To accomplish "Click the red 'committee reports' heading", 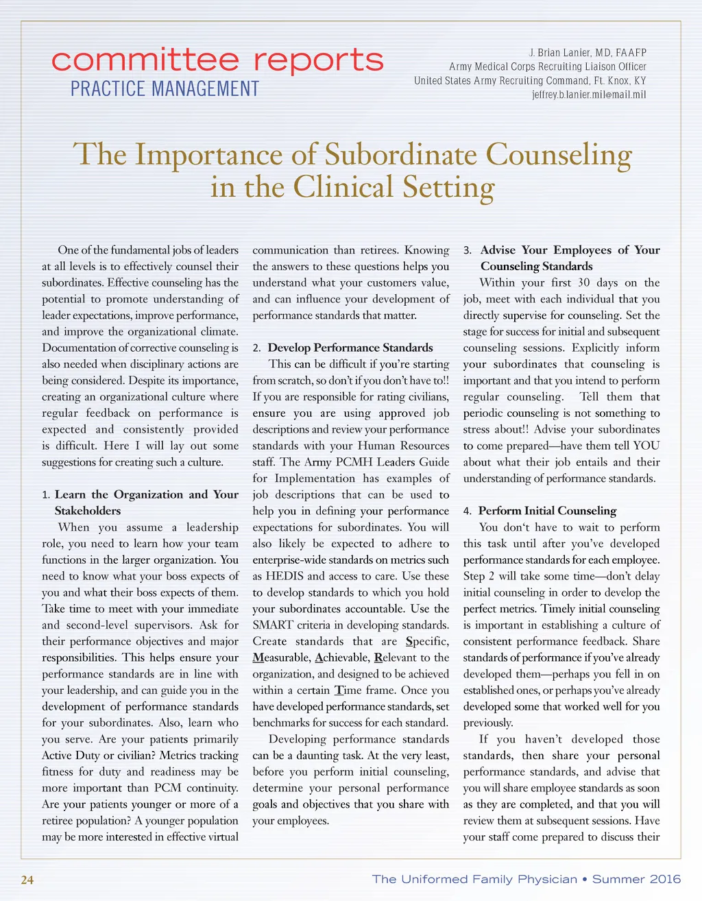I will tap(217, 61).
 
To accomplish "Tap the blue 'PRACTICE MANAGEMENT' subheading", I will tap(165, 89).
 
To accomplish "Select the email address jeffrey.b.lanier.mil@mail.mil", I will tap(589, 95).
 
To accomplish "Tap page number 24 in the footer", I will tap(27, 880).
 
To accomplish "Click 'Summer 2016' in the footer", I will tap(637, 879).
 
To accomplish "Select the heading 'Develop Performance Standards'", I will tap(350, 348).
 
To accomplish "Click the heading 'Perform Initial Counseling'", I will tap(547, 511).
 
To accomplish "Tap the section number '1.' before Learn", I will tap(46, 495).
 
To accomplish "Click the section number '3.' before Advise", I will tap(468, 250).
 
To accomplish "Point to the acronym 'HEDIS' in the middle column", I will tap(284, 576).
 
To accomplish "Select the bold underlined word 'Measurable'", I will tap(282, 658).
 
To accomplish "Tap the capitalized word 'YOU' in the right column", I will tap(646, 446).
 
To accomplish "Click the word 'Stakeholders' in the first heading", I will tap(88, 511).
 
